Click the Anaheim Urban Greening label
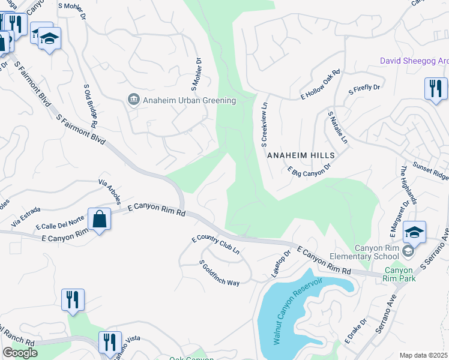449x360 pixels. [189, 100]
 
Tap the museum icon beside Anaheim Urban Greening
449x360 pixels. [133, 100]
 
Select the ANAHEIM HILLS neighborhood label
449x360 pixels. [300, 155]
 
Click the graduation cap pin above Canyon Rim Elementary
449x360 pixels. [414, 232]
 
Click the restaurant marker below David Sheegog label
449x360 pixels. [435, 88]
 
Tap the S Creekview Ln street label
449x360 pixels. [264, 124]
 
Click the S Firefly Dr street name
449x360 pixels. [364, 89]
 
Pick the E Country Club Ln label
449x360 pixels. [215, 245]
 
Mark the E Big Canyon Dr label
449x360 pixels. [309, 171]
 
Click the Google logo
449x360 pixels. [20, 353]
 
